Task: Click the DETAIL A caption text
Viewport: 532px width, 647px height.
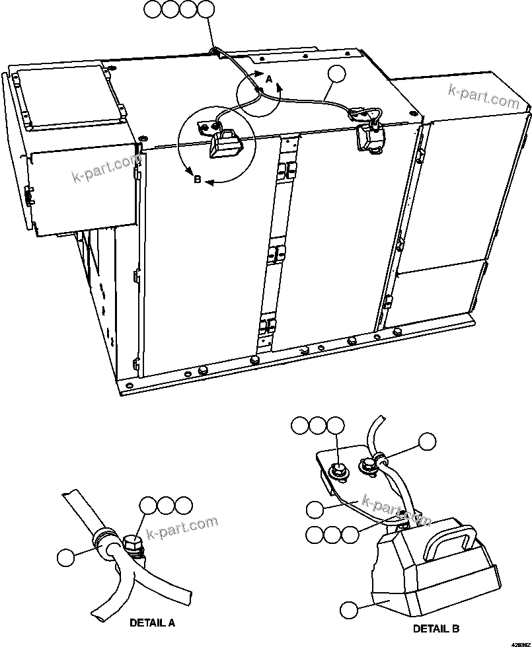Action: coord(153,623)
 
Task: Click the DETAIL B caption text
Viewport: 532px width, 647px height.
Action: coord(436,628)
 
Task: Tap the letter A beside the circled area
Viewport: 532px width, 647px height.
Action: coord(268,79)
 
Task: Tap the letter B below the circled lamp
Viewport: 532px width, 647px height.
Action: coord(197,179)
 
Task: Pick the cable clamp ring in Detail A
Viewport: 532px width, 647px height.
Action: coord(104,540)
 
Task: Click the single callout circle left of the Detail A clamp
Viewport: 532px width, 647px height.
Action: coord(66,556)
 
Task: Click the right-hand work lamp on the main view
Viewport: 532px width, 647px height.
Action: coord(367,136)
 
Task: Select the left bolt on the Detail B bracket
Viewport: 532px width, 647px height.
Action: coord(338,471)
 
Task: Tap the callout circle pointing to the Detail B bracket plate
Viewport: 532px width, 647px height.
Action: coord(316,509)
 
